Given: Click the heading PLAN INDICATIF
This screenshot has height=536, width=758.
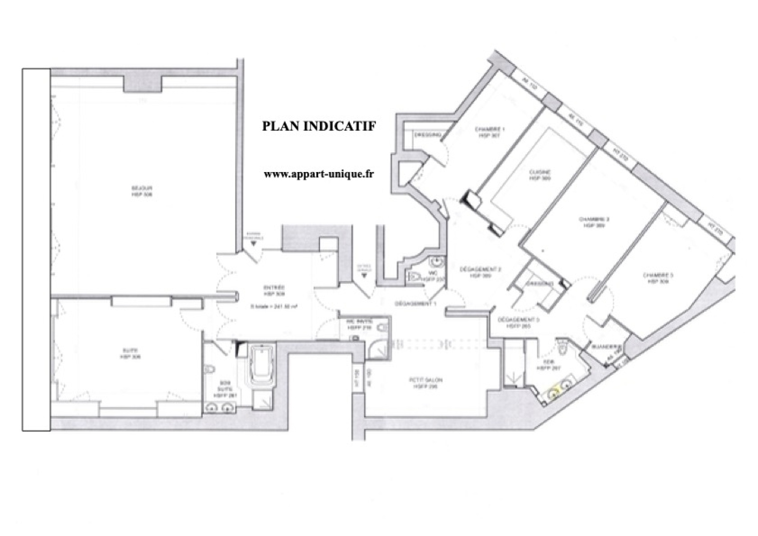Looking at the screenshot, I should [319, 126].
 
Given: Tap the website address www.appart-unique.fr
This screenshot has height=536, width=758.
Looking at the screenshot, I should [318, 174].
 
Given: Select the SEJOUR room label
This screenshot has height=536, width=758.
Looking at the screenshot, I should [142, 191].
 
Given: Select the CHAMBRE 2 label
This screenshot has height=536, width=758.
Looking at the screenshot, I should [594, 222].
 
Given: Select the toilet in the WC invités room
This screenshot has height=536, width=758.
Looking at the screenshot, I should [383, 328].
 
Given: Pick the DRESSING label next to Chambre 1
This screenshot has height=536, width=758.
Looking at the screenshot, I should [427, 135].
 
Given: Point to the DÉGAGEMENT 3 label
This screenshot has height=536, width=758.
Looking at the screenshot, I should [518, 323].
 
